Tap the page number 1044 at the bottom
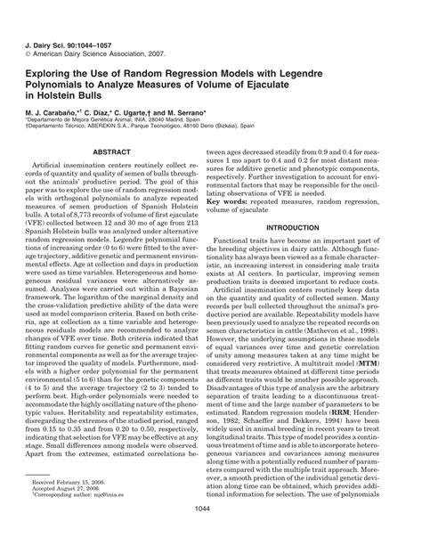pos(210,532)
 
